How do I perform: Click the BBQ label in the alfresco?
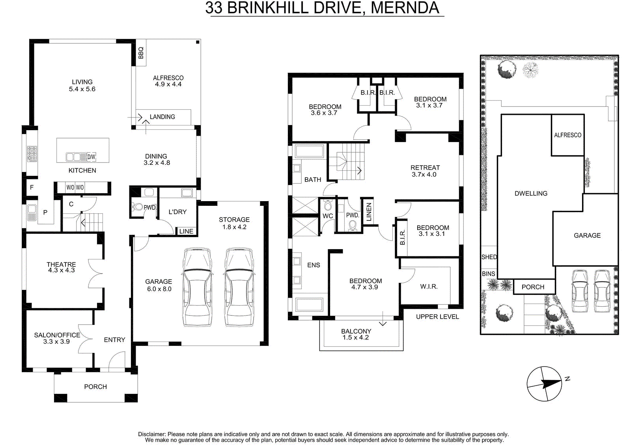coord(141,53)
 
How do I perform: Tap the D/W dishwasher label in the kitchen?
coord(91,157)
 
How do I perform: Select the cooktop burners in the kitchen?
coord(32,154)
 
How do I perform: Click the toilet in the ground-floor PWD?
coord(137,207)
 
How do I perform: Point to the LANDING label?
coord(162,117)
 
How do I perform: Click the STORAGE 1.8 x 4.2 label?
coord(234,223)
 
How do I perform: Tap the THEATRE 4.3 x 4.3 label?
coord(61,267)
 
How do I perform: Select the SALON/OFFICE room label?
coord(57,338)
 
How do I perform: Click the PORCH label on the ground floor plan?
coord(95,386)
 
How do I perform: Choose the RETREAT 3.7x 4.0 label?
coord(425,171)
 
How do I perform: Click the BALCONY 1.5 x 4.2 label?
coord(356,334)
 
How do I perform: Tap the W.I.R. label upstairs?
coord(429,287)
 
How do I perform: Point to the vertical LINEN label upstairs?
coord(369,212)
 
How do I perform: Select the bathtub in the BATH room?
coord(309,151)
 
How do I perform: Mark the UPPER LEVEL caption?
coord(437,317)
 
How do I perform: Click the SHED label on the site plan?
coord(489,257)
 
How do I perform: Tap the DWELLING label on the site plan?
coord(531,193)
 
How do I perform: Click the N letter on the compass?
coord(568,379)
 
